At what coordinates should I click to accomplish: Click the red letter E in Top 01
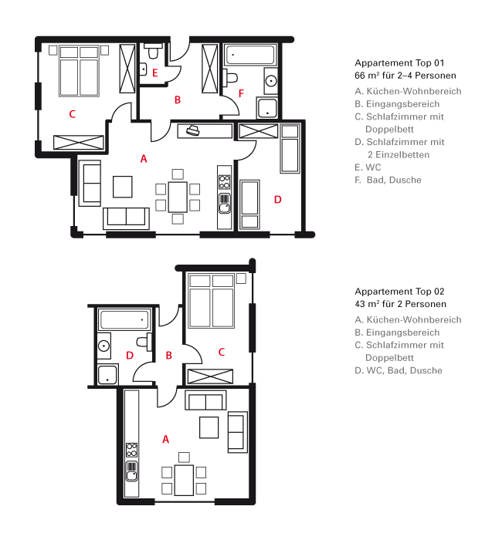click(154, 73)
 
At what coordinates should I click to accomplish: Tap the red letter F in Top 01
click(241, 93)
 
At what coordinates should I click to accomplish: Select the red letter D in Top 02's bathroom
click(130, 355)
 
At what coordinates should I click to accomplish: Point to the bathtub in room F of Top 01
click(251, 55)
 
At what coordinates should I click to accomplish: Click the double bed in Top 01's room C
click(79, 71)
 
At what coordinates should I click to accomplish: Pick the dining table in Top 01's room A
click(178, 197)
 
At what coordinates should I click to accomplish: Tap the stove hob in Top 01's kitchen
click(225, 181)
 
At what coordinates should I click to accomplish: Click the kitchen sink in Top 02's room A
click(132, 471)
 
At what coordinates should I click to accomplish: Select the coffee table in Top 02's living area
click(209, 427)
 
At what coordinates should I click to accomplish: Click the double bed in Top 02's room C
click(212, 301)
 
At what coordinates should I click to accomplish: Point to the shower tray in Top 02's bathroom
click(107, 374)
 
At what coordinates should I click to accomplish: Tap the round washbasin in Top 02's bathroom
click(103, 346)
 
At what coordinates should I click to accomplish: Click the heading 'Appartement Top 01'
click(399, 63)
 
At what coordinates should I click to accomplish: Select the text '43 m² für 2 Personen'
click(400, 304)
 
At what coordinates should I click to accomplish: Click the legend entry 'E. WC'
click(368, 167)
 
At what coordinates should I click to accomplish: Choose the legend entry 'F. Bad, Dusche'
click(388, 180)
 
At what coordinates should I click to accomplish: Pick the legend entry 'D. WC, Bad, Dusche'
click(399, 370)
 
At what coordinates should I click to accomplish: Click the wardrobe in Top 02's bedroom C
click(210, 376)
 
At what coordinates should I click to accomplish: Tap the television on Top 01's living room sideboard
click(193, 130)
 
